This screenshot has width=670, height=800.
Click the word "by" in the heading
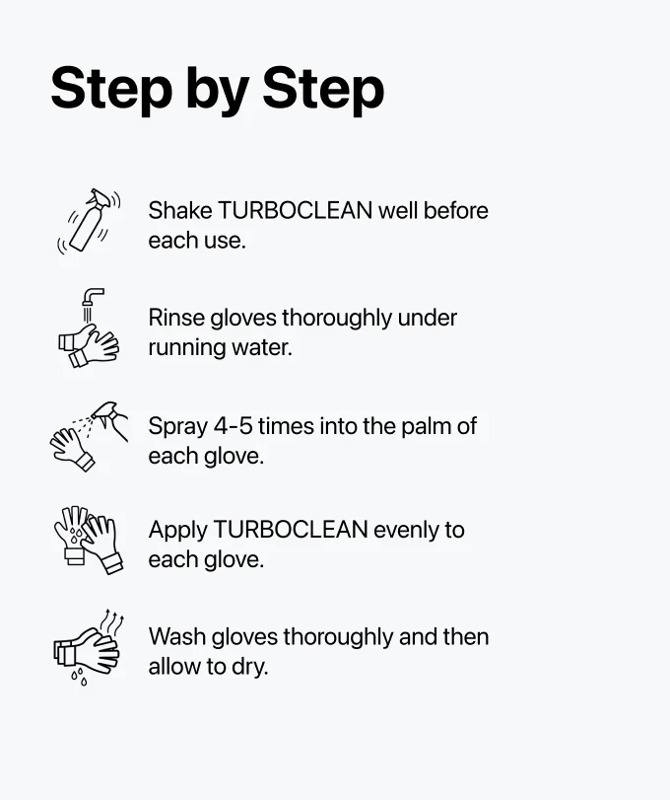tap(218, 91)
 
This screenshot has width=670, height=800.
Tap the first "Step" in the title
tap(112, 88)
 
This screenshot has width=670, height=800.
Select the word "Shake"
tap(180, 210)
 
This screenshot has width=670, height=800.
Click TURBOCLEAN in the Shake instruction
tap(295, 210)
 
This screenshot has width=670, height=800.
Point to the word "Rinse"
tap(175, 318)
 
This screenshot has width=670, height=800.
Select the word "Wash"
tap(176, 636)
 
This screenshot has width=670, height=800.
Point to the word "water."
tap(262, 348)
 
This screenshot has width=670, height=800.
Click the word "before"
tap(456, 210)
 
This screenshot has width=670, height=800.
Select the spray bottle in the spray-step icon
tap(110, 418)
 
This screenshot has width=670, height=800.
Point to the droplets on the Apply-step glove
tap(76, 535)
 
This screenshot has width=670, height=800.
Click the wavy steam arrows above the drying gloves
tap(112, 620)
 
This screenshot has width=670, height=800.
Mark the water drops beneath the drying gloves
tap(79, 677)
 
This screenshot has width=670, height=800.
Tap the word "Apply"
tap(177, 531)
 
